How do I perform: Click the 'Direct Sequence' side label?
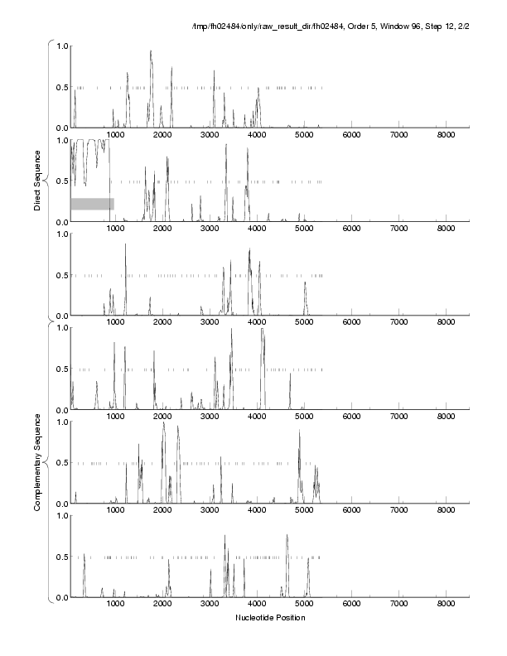pyautogui.click(x=38, y=181)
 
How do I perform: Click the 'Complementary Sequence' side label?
pyautogui.click(x=38, y=461)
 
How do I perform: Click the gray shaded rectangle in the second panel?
pyautogui.click(x=92, y=204)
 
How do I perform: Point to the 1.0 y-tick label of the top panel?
pyautogui.click(x=60, y=46)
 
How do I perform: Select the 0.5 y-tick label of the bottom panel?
pyautogui.click(x=60, y=557)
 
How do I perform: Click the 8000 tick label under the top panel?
pyautogui.click(x=447, y=134)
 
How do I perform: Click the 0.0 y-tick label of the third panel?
pyautogui.click(x=60, y=316)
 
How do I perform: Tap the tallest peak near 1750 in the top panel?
pyautogui.click(x=151, y=52)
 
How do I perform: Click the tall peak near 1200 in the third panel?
pyautogui.click(x=125, y=245)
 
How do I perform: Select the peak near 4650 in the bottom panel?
pyautogui.click(x=287, y=536)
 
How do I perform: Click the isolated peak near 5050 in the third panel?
pyautogui.click(x=305, y=283)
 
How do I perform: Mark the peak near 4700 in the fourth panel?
pyautogui.click(x=290, y=374)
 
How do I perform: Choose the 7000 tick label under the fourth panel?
pyautogui.click(x=399, y=416)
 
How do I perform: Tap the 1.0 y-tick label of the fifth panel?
pyautogui.click(x=60, y=422)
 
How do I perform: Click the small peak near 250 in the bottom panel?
pyautogui.click(x=84, y=555)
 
